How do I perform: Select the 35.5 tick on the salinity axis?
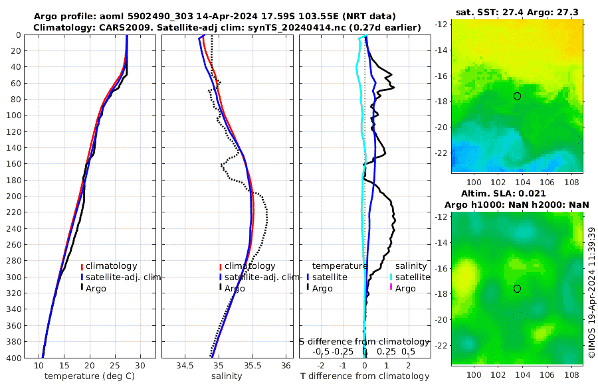(x=252, y=365)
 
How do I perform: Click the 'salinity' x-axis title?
(x=226, y=376)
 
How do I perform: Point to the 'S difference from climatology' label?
(x=364, y=341)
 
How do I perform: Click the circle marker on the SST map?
(x=517, y=96)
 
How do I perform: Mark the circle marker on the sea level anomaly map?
(x=517, y=288)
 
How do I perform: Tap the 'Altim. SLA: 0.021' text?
(x=517, y=193)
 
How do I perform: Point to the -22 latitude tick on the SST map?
(x=441, y=153)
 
